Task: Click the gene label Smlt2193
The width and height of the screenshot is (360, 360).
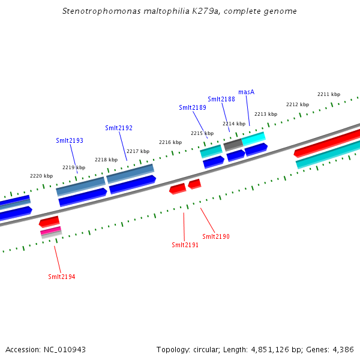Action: click(x=70, y=140)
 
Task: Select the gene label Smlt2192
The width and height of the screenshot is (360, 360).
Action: click(x=119, y=128)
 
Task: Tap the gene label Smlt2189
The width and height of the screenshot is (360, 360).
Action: click(x=193, y=107)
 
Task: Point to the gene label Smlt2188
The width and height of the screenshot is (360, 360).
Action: click(x=221, y=99)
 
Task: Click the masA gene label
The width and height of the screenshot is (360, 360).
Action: click(x=247, y=92)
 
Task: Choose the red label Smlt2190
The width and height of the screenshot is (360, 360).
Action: click(x=216, y=236)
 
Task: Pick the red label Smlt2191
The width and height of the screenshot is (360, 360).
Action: click(x=185, y=245)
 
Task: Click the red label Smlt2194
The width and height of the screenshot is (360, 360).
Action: click(x=62, y=277)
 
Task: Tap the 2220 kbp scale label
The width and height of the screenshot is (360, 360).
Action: click(x=41, y=176)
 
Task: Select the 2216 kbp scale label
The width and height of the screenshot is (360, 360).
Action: click(x=170, y=142)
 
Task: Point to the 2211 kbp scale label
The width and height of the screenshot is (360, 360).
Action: click(x=329, y=94)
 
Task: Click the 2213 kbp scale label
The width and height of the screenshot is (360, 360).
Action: click(x=266, y=114)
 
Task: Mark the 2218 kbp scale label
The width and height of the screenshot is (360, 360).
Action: click(x=106, y=160)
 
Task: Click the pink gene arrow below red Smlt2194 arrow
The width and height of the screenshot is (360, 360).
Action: click(x=50, y=230)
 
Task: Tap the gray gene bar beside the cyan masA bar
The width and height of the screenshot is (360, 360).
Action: click(x=233, y=144)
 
